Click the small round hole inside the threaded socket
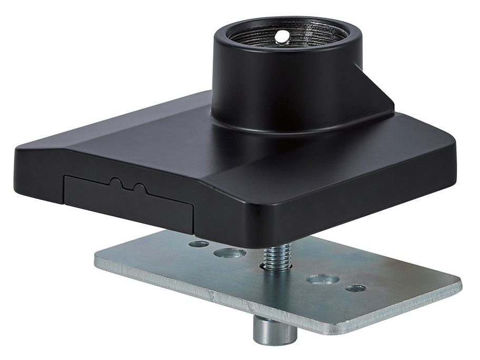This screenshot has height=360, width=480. point(283,36)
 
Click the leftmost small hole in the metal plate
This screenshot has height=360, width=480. point(199,244)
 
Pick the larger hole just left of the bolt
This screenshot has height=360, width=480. point(229,253)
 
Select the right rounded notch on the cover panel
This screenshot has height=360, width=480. point(140,188)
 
